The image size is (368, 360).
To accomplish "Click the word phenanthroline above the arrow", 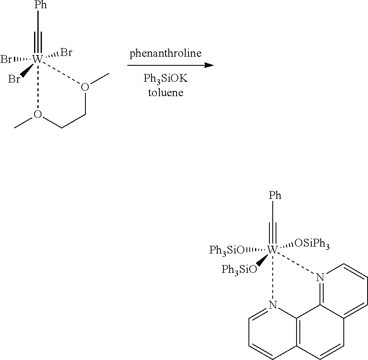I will (166, 54).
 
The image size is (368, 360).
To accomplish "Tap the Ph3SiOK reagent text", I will (166, 79).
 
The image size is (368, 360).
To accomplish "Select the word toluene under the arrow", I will (166, 92).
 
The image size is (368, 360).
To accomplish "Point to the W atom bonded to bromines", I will (37, 59).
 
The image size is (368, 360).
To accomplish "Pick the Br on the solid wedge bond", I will (14, 79).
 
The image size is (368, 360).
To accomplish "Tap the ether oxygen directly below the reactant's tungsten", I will (37, 114).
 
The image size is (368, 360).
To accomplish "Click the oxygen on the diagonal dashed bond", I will (85, 87).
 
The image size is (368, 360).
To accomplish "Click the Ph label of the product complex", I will (275, 195).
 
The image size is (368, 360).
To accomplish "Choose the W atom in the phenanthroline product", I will (272, 249).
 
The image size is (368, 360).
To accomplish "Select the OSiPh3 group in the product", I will (312, 245).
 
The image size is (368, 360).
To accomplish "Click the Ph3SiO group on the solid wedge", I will (239, 270).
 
